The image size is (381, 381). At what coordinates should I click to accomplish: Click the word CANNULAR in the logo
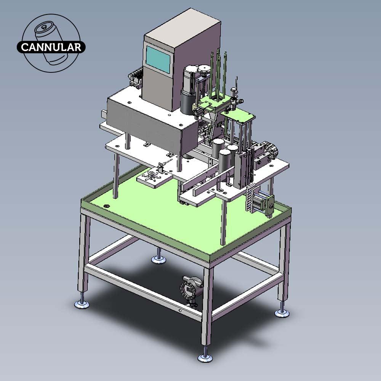point(51,47)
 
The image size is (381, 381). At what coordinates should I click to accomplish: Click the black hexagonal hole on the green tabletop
point(106,206)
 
